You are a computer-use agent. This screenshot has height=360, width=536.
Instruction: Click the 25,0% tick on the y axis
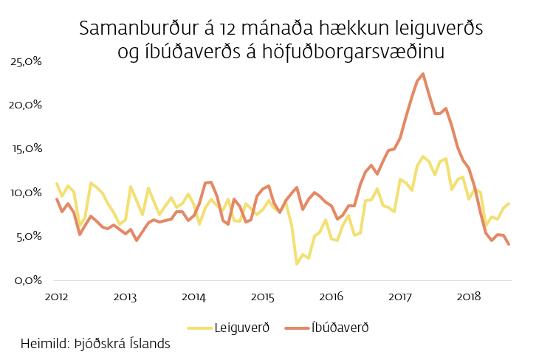(27, 61)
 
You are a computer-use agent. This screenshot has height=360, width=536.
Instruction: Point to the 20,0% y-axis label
(27, 105)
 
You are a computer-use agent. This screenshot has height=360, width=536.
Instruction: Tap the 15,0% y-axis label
(27, 149)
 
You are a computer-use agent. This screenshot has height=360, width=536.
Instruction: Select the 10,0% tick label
(27, 193)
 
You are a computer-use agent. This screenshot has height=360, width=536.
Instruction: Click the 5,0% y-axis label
(28, 236)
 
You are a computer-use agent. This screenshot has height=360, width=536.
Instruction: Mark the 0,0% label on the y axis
(28, 280)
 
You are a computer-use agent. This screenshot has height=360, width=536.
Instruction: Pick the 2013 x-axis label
(125, 297)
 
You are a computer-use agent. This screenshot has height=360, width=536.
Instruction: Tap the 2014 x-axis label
(193, 297)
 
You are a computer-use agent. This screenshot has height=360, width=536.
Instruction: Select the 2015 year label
(262, 297)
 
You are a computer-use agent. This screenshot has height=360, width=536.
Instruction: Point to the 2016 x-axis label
(331, 297)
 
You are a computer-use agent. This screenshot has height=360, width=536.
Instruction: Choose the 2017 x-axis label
(399, 297)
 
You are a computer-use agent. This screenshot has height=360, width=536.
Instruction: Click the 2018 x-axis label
(468, 297)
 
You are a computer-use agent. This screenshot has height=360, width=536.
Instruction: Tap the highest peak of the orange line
(422, 74)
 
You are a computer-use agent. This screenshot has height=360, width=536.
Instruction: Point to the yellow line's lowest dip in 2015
(297, 263)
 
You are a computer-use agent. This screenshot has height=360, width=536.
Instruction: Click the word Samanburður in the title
(134, 29)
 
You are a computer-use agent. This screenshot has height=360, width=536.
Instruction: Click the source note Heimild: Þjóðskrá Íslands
(96, 344)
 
